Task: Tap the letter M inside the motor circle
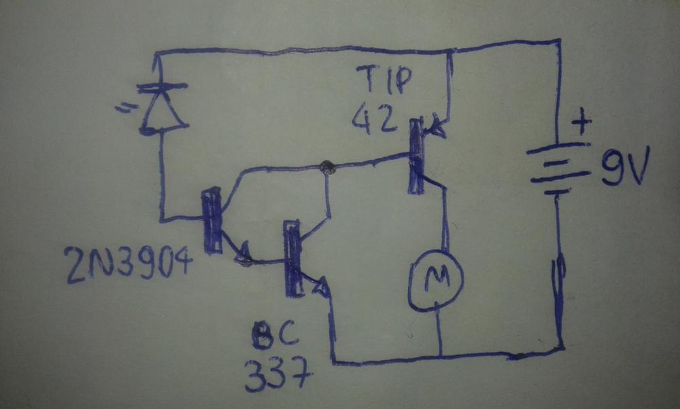pos(437,278)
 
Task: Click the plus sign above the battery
pos(581,121)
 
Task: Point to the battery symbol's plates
pos(558,169)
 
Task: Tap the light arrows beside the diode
pos(122,107)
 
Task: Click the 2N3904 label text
pos(129,264)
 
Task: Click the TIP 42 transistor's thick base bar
pos(416,156)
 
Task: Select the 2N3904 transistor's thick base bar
pos(212,221)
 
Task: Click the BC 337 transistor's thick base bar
pos(292,259)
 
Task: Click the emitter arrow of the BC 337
pos(320,287)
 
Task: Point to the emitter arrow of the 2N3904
pos(242,253)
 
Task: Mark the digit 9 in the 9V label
pos(611,166)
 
